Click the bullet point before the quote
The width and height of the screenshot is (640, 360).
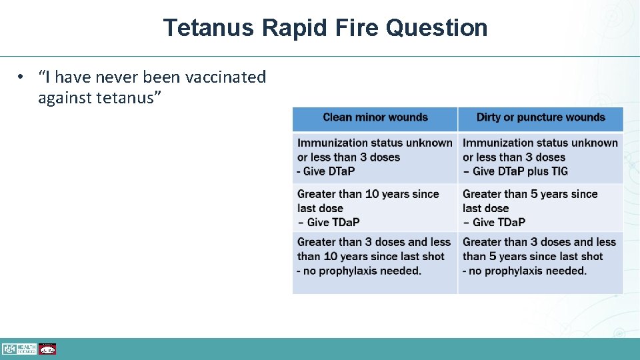[22, 77]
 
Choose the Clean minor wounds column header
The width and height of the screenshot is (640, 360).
[375, 118]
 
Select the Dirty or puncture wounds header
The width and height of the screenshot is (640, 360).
[541, 118]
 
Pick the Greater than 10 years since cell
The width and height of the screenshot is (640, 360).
[368, 194]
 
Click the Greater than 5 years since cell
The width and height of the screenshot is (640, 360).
[530, 194]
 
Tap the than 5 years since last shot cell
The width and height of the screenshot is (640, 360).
[533, 256]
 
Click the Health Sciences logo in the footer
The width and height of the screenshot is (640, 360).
[19, 349]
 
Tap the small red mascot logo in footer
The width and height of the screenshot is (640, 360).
[47, 349]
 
